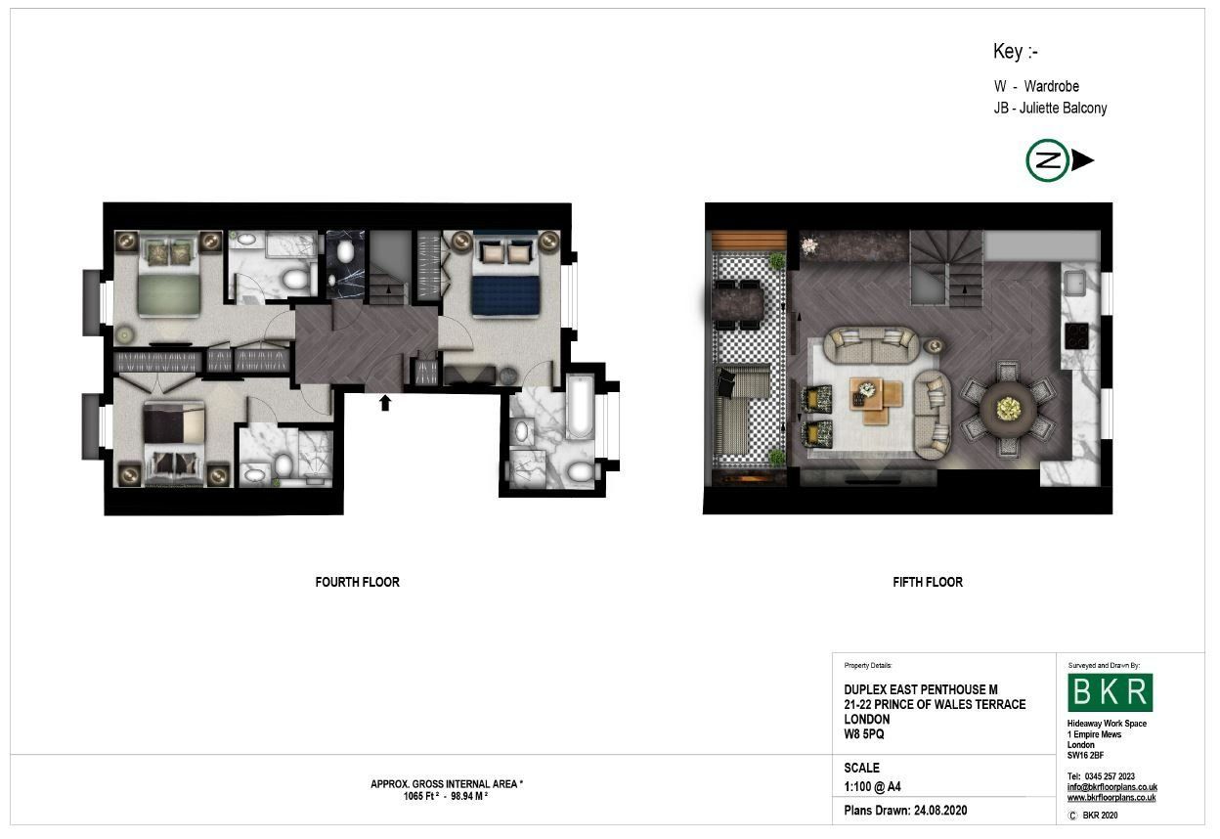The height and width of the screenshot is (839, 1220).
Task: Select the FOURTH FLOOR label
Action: point(357,583)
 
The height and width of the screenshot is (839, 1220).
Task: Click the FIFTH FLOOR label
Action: point(928,583)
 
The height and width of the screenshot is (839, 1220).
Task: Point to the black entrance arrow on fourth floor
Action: point(385,403)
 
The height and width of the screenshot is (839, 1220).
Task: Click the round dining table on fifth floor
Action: point(1008,409)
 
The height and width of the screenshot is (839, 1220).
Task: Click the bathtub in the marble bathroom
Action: point(580,407)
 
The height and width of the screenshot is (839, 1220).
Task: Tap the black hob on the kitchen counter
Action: point(1076,335)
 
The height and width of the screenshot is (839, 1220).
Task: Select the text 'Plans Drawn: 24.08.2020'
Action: point(905,811)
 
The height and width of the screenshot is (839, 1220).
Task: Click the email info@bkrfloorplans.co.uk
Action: point(1112,787)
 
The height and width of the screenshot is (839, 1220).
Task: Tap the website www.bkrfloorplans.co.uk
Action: point(1111,798)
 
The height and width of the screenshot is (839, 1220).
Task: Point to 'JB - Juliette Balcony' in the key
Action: point(1050,108)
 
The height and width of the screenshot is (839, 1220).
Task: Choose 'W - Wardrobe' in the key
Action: point(1036,86)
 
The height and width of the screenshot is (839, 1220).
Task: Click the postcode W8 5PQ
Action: point(864,734)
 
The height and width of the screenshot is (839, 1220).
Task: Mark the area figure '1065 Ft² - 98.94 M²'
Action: point(446,797)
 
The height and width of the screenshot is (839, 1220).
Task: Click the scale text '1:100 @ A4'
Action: point(872,787)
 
